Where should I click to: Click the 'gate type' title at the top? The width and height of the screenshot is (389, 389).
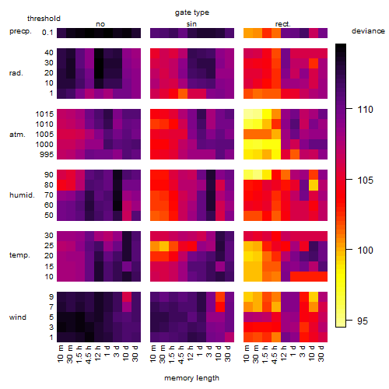click(192, 12)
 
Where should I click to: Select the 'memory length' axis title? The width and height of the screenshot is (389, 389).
click(191, 378)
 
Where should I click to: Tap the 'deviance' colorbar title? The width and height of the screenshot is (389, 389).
click(368, 31)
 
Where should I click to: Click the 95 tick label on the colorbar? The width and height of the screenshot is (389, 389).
click(363, 321)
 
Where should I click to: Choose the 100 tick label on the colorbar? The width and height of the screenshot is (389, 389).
click(365, 251)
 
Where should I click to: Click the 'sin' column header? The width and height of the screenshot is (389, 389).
click(191, 24)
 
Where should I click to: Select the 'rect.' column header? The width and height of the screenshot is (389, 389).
click(283, 24)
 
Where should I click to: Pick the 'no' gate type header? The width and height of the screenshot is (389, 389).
click(100, 24)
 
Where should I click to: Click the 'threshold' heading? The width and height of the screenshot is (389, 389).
click(44, 19)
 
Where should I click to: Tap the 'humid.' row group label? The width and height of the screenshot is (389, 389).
click(22, 195)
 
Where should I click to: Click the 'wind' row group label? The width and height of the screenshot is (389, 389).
click(18, 317)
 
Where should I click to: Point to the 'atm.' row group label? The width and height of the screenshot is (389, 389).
click(17, 135)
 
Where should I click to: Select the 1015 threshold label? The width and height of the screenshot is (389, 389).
click(44, 114)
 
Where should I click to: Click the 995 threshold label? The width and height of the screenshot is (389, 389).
click(47, 155)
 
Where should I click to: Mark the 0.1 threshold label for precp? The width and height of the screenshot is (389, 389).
click(47, 33)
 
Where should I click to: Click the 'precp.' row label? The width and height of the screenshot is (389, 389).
click(20, 31)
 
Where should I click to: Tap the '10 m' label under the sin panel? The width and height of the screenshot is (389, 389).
click(153, 354)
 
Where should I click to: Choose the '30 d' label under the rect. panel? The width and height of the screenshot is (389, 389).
click(321, 354)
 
